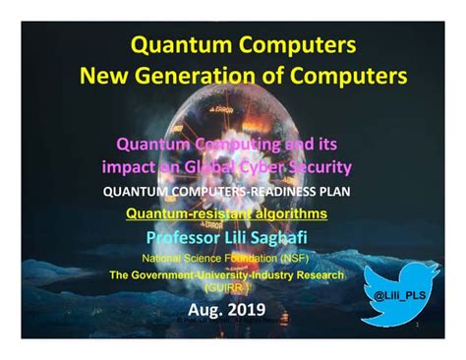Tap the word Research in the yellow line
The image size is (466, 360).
click(x=317, y=275)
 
